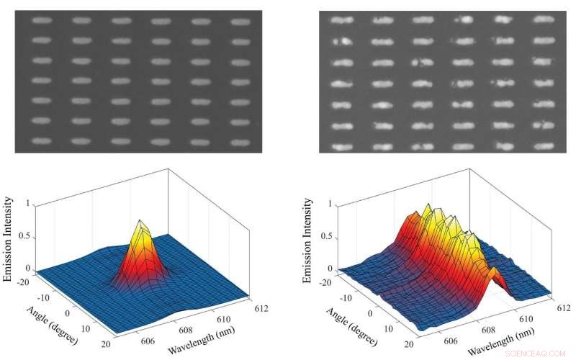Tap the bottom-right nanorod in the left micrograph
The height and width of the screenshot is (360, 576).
click(x=240, y=141)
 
